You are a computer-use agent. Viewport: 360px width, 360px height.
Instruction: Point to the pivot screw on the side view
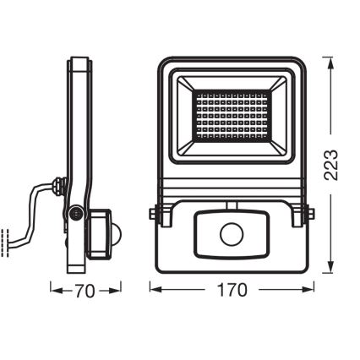[x=76, y=215]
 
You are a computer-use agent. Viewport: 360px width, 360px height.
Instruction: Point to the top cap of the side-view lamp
[x=79, y=61]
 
